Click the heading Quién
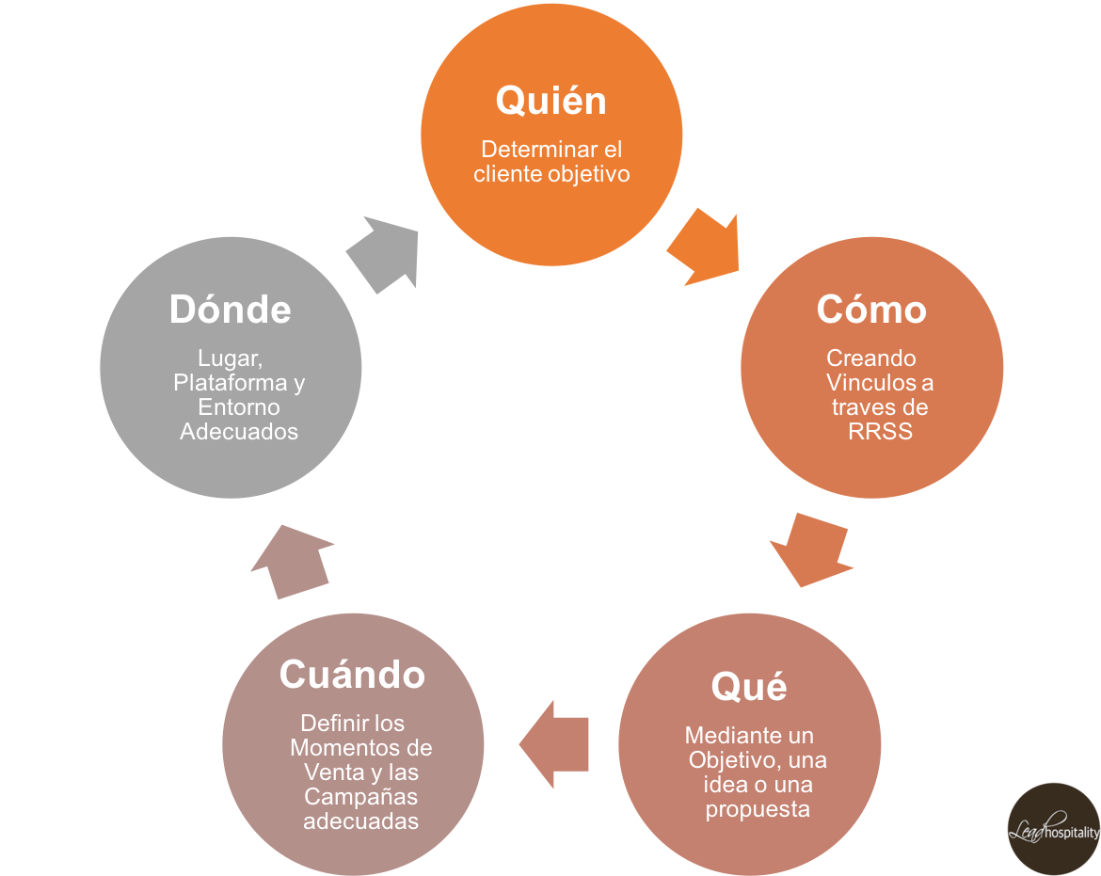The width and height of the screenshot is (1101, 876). pyautogui.click(x=550, y=101)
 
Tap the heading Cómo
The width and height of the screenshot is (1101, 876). pyautogui.click(x=871, y=309)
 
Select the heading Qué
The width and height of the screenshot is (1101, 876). pyautogui.click(x=749, y=687)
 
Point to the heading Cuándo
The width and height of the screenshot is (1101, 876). pyautogui.click(x=352, y=675)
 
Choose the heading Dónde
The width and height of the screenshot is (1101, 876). pyautogui.click(x=230, y=310)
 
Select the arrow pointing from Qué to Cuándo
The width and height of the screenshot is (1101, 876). pyautogui.click(x=555, y=744)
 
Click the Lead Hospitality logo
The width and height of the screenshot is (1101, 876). pyautogui.click(x=1053, y=829)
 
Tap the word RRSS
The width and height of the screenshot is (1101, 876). pyautogui.click(x=880, y=433)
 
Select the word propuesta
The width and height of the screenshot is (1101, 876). pyautogui.click(x=758, y=809)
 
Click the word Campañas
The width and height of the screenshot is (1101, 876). pyautogui.click(x=360, y=797)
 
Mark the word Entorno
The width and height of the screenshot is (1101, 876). pyautogui.click(x=239, y=407)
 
